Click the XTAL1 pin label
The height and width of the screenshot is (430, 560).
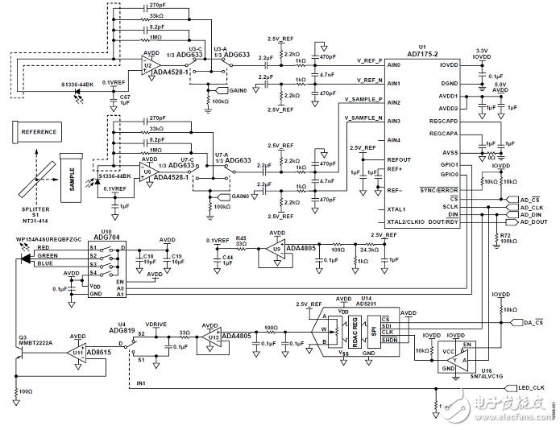[x=397, y=209]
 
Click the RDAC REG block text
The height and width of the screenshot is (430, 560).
[x=352, y=329]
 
